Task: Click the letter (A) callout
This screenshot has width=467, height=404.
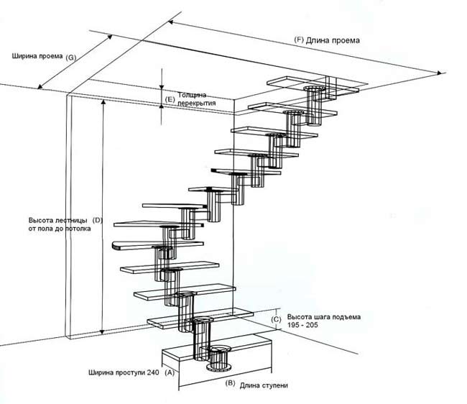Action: tap(170, 372)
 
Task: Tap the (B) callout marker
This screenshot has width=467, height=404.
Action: tap(230, 383)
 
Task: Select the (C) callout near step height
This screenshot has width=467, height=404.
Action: tap(276, 319)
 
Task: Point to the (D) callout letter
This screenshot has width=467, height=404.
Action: tap(98, 221)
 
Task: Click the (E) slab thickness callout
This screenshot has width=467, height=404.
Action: tap(170, 99)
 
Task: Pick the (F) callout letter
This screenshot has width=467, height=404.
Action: tap(299, 40)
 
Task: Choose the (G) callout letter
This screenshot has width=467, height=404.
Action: tap(70, 58)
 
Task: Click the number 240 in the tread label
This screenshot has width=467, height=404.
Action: tap(153, 372)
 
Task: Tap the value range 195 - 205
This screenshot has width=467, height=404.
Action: tap(302, 325)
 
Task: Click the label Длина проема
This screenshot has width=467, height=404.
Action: tap(333, 40)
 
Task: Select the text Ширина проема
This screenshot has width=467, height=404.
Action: tap(37, 56)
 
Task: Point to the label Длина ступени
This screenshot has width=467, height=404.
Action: tap(264, 385)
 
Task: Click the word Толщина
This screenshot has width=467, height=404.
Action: tap(192, 95)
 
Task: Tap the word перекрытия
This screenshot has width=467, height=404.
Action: tap(197, 104)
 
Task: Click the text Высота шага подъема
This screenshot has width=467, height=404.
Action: tap(324, 317)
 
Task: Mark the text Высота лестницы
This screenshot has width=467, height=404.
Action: tap(58, 221)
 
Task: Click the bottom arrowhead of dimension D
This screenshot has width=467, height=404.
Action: tap(103, 332)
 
